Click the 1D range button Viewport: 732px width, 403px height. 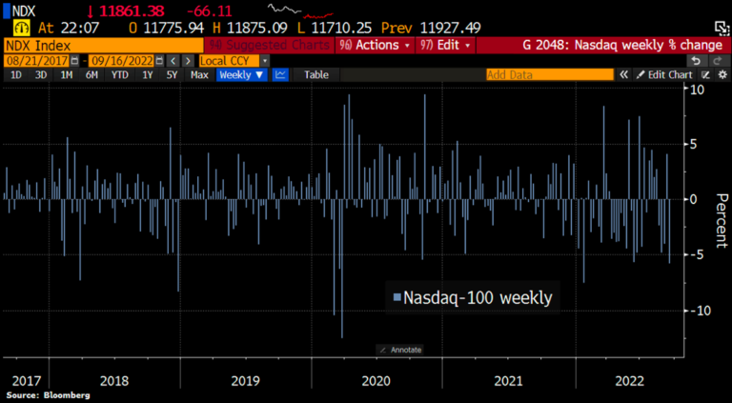16,74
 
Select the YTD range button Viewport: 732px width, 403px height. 119,74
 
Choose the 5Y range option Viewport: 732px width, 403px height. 172,74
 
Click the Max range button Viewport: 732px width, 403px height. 199,74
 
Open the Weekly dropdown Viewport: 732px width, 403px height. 240,74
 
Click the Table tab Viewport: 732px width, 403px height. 316,74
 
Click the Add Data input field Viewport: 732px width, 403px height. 547,74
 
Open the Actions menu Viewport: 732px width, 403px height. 373,45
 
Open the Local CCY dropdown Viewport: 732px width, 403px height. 227,60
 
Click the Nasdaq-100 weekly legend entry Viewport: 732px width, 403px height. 473,298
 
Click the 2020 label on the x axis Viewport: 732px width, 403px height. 377,379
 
